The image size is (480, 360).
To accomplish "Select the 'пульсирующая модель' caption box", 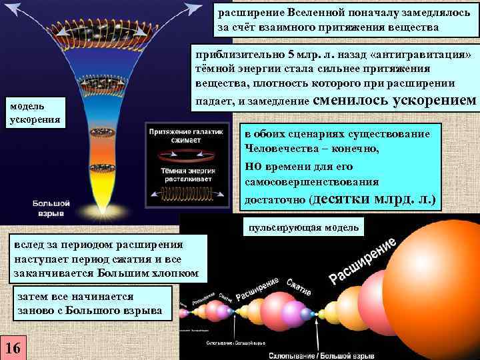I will pyautogui.click(x=303, y=228).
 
